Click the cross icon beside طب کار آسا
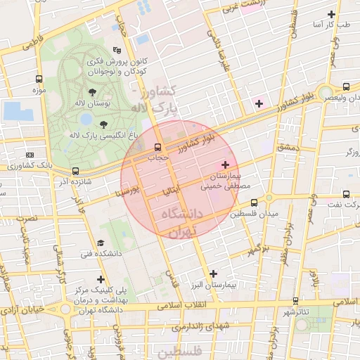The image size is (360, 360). [332, 14]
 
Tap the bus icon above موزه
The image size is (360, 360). [38, 79]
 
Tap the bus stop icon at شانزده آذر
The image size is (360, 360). [75, 171]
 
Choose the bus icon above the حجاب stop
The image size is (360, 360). [156, 148]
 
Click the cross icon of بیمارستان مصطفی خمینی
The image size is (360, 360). [225, 164]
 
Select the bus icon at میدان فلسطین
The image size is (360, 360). [254, 202]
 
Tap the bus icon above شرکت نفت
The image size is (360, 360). [346, 194]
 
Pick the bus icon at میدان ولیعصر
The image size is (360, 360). [346, 87]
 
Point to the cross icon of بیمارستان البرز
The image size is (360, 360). [214, 274]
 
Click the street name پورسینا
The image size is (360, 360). [134, 191]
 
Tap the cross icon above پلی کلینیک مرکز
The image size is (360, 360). [101, 279]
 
